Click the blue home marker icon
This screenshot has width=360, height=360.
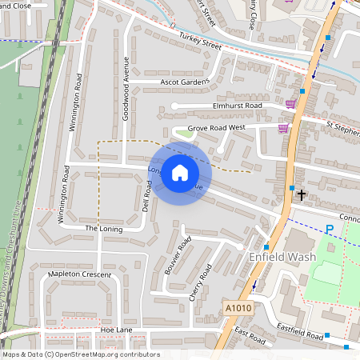[180, 173]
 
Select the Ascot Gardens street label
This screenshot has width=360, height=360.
[185, 82]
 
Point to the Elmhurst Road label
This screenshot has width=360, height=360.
[238, 106]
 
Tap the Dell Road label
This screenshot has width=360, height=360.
[146, 195]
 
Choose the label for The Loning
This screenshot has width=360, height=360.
[102, 229]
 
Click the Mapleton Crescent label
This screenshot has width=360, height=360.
[79, 274]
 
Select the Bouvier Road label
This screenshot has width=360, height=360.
[177, 254]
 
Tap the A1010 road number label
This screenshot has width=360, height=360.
[238, 307]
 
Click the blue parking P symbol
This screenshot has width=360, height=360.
[329, 230]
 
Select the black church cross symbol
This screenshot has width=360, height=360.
[302, 194]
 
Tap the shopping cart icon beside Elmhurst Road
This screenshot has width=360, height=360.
[290, 104]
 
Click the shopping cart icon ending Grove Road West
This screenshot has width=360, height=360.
[282, 128]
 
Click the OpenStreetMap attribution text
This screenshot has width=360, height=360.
[81, 354]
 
